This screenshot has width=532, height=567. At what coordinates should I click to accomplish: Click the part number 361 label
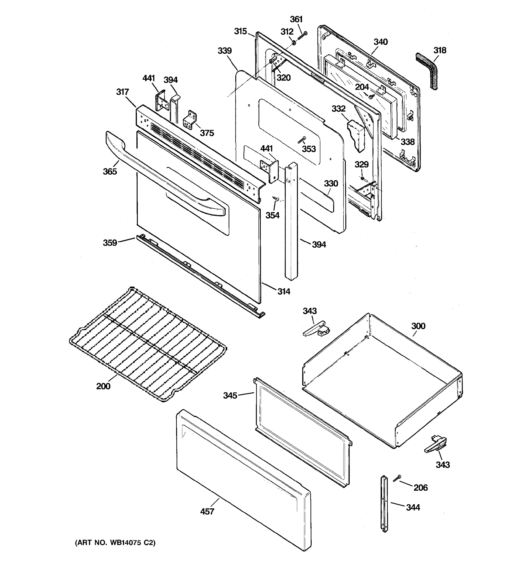pos(296,19)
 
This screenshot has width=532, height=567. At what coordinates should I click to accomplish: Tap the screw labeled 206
pos(397,479)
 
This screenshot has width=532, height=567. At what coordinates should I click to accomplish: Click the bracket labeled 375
pos(190,120)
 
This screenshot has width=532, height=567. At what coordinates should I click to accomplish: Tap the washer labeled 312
pos(293,43)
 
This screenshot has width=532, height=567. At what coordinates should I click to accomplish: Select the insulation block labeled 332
pos(356,135)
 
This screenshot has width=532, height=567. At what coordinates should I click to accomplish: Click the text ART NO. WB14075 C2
pos(115,543)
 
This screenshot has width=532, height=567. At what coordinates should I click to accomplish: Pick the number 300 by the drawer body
pos(418,326)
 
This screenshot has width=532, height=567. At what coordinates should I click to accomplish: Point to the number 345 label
pos(230,395)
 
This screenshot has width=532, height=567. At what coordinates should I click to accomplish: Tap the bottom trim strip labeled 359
pos(200,275)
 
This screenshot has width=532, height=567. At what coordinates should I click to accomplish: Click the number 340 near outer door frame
pos(380,42)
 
